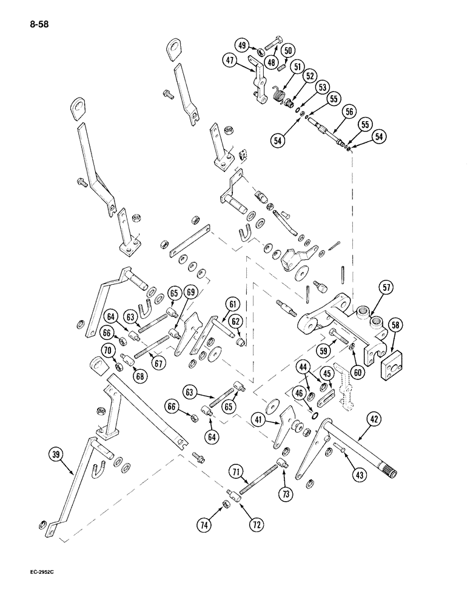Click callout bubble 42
[372, 417]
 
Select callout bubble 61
[234, 304]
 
